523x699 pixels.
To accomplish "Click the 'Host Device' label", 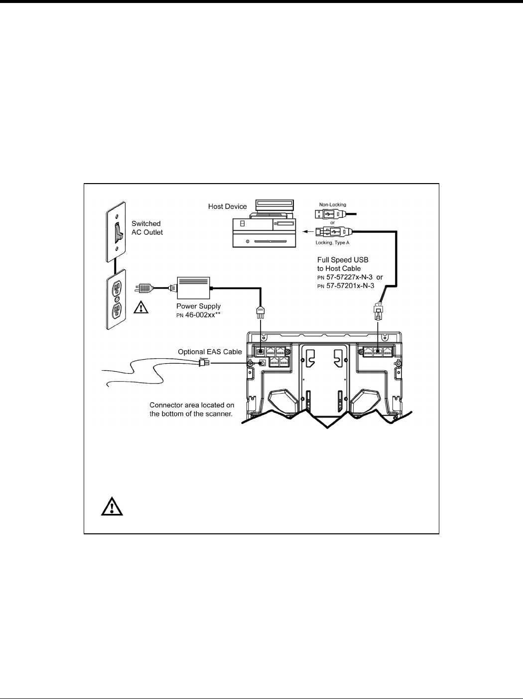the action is pos(227,206).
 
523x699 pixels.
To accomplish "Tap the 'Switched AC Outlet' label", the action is pos(146,228).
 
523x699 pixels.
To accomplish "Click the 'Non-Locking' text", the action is pos(333,204).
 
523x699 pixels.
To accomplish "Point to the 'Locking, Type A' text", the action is pos(333,243).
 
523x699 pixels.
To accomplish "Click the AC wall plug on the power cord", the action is pos(144,288).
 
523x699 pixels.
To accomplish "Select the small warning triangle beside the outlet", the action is pos(142,308).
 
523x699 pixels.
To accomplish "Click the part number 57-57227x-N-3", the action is pos(349,277).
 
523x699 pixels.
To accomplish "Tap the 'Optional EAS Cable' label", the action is pos(210,352).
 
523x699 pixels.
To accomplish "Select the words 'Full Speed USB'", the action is pos(343,260).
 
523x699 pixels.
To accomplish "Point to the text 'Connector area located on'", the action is pos(192,405).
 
